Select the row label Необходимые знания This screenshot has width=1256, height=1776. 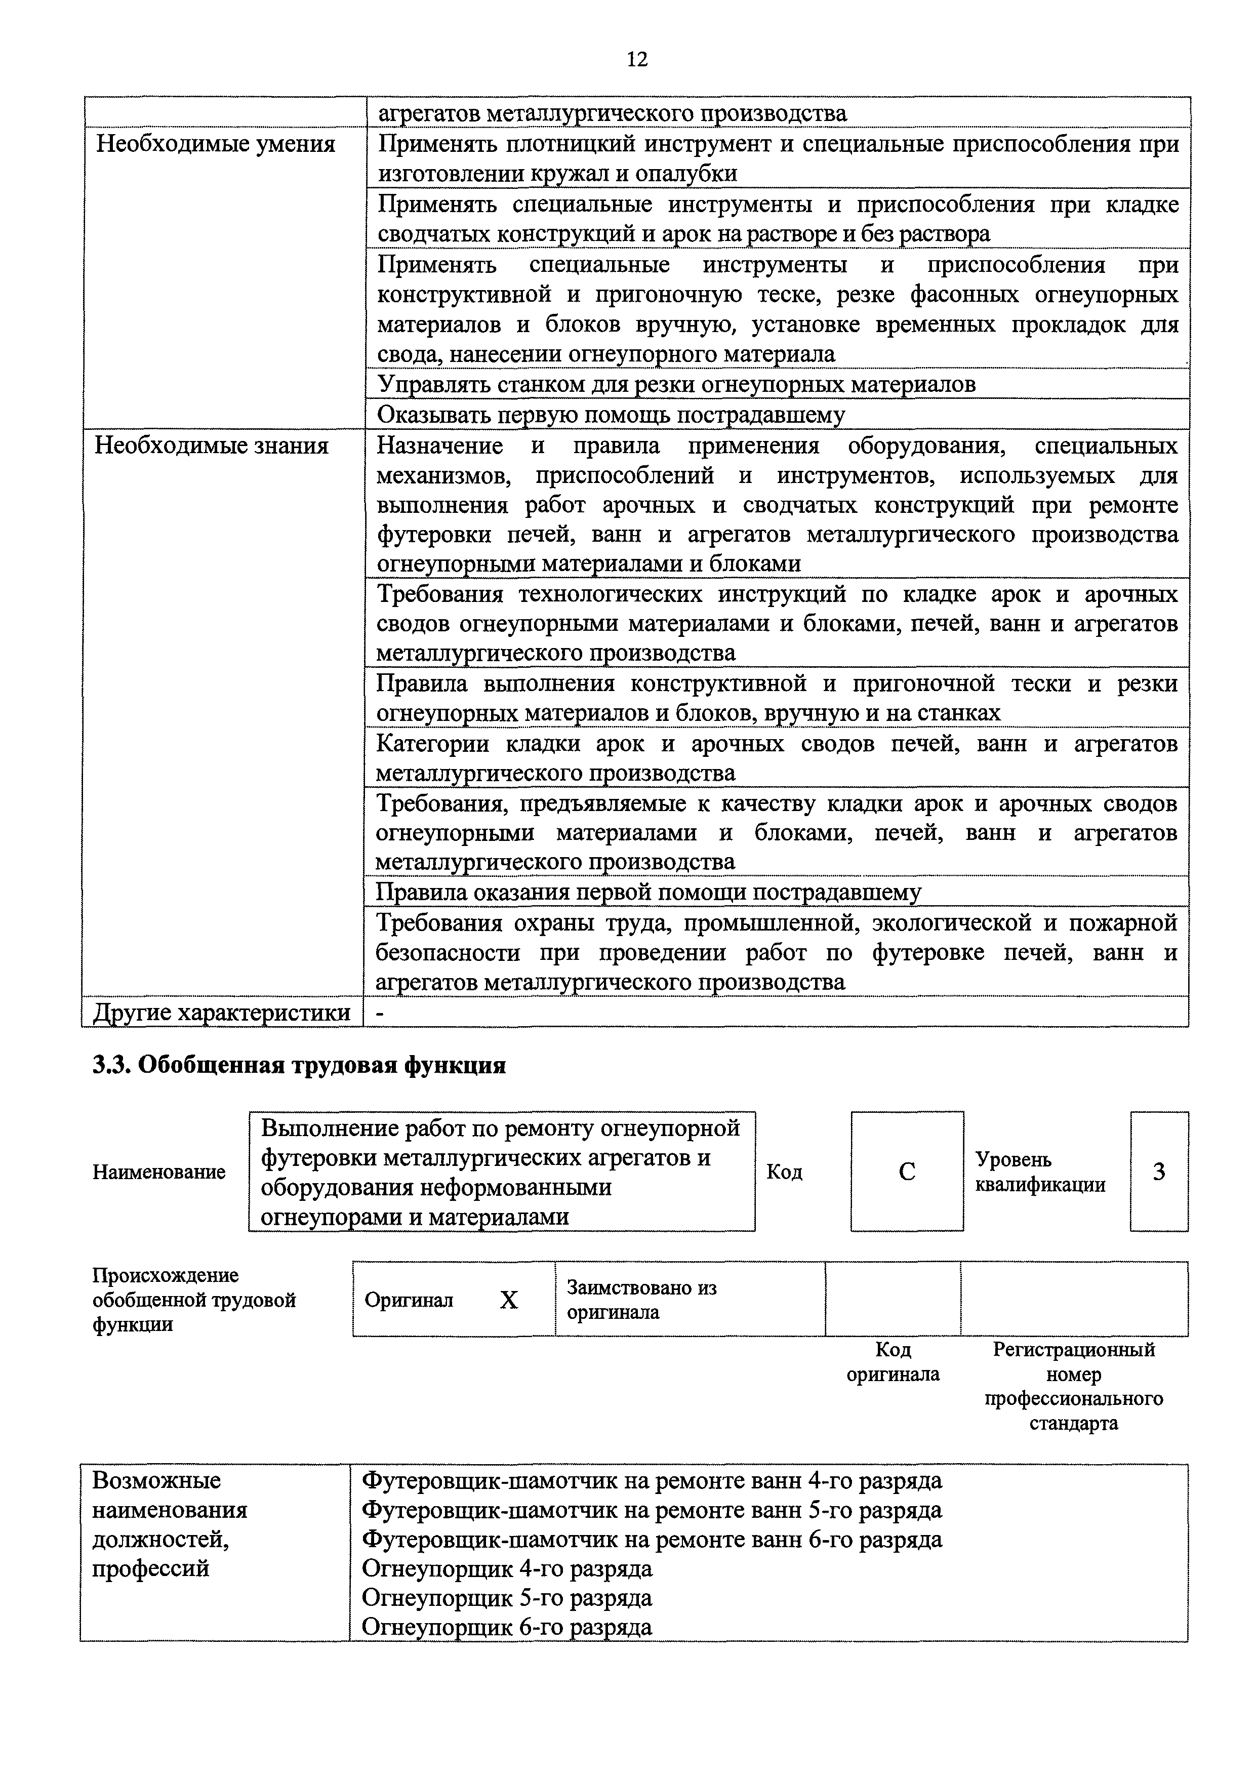[x=211, y=447]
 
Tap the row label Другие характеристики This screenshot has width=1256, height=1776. [x=222, y=1013]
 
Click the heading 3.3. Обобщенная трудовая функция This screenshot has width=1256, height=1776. [x=299, y=1066]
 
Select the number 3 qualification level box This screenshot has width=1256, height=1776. [x=1159, y=1172]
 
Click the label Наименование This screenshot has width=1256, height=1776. [x=158, y=1173]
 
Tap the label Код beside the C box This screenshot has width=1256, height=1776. [x=784, y=1173]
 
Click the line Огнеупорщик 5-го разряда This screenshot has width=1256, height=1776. [x=507, y=1598]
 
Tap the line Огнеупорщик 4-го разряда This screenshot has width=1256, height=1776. [x=507, y=1569]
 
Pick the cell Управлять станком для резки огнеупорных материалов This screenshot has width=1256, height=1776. [x=676, y=384]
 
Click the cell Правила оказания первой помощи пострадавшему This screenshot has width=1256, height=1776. [x=648, y=893]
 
